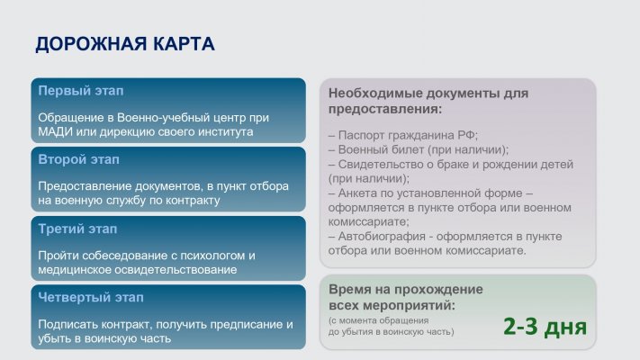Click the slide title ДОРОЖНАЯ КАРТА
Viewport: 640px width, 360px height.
(x=125, y=44)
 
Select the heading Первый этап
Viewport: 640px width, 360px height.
(x=81, y=91)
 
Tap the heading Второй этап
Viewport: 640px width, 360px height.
(x=79, y=159)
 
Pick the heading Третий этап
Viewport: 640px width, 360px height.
(x=77, y=229)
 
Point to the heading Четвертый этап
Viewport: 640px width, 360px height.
(x=91, y=297)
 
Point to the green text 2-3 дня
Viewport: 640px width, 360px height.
(x=545, y=327)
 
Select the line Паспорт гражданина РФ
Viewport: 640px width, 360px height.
(x=403, y=135)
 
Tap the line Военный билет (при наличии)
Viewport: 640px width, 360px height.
(x=419, y=149)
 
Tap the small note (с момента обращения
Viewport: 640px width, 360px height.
(x=378, y=320)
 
